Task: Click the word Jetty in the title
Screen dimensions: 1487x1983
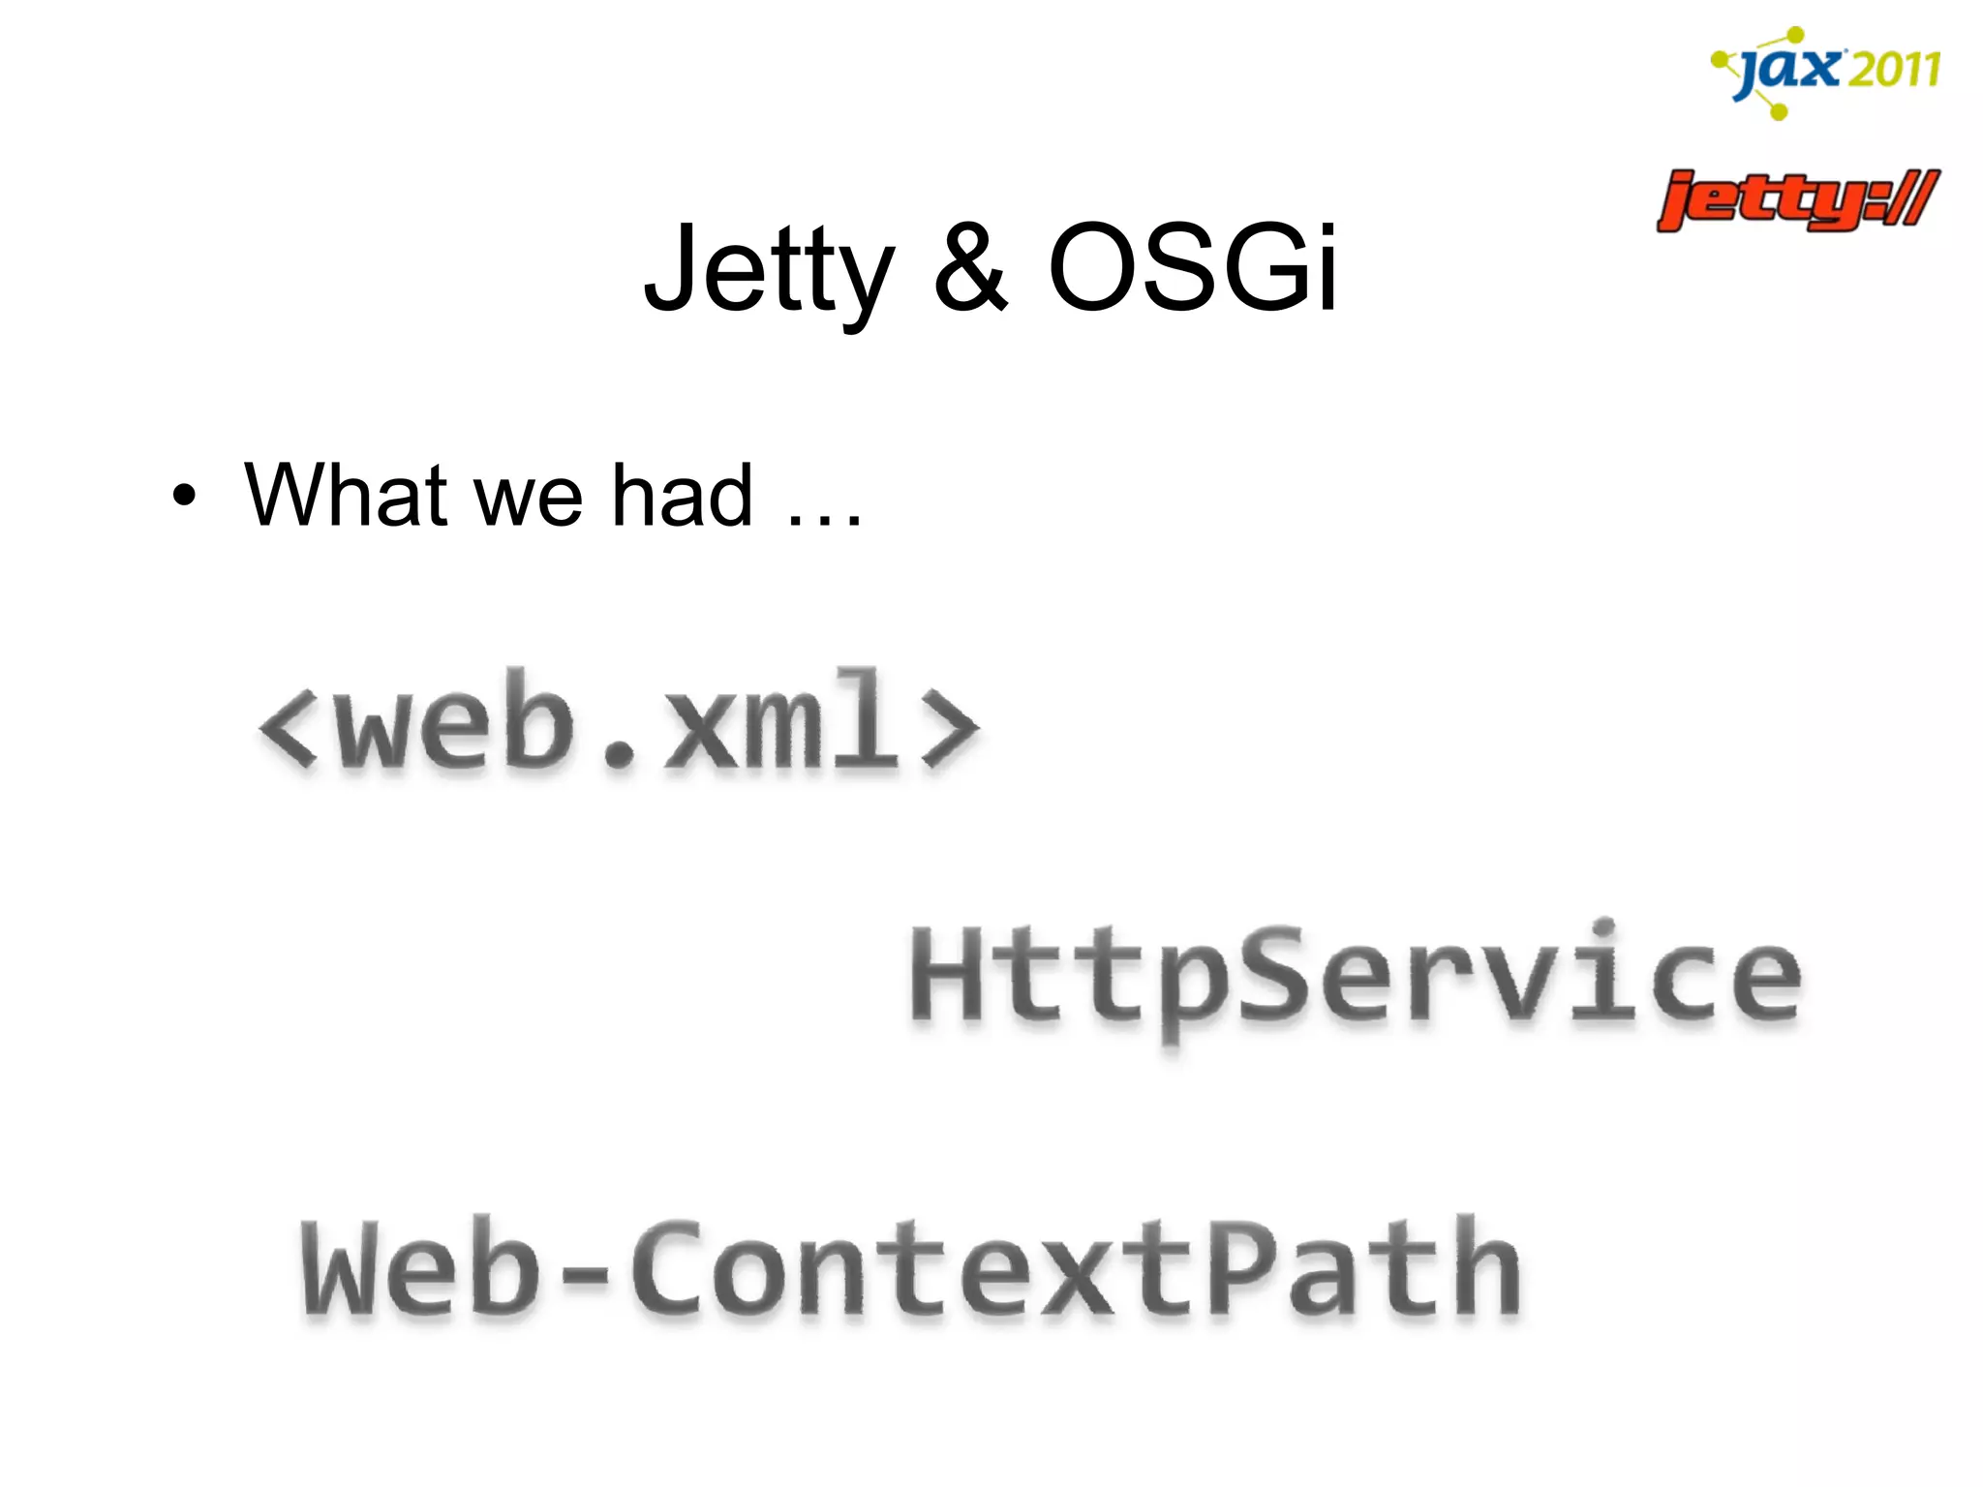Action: tap(769, 268)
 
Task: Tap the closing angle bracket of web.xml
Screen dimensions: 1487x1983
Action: tap(950, 728)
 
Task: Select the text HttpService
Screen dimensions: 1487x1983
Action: tap(1356, 976)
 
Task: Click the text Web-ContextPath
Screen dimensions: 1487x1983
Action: tap(910, 1269)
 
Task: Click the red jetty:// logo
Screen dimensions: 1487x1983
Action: tap(1797, 200)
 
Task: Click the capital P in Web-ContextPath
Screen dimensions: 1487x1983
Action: tap(1243, 1267)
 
